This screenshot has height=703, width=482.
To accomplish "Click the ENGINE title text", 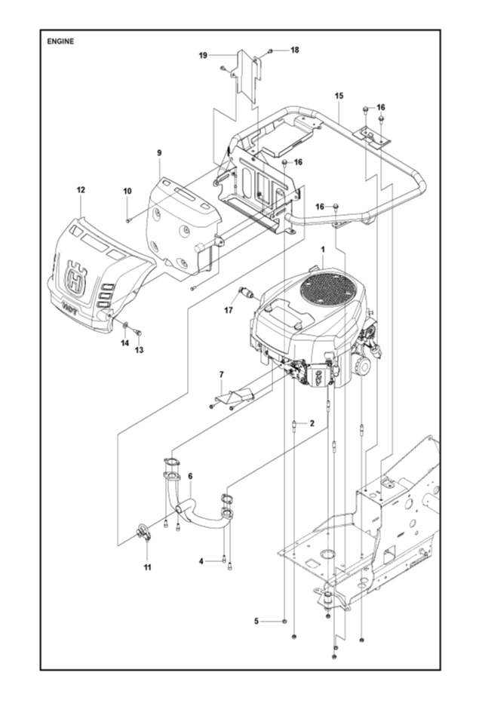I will tap(61, 41).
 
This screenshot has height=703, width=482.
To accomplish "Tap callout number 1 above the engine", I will tap(322, 248).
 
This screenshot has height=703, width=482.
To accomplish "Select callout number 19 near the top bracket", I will tap(203, 55).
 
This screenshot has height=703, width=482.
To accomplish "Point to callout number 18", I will tap(294, 50).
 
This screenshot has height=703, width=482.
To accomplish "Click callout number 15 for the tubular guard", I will tap(339, 96).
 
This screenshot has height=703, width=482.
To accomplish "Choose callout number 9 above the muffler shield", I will tap(159, 153).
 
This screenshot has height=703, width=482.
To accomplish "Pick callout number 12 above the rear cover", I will tap(81, 191).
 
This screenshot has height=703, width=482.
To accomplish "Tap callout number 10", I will tap(127, 191).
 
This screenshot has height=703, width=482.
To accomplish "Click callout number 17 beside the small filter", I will tap(227, 309).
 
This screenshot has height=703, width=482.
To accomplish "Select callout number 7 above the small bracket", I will tap(222, 374).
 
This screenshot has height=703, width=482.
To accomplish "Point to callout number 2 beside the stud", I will tap(311, 424).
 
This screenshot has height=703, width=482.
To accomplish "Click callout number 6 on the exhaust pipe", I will tap(190, 476).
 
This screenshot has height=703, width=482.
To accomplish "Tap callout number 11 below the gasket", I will tap(147, 566).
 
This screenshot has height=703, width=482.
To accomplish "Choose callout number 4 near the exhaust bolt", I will tap(201, 561).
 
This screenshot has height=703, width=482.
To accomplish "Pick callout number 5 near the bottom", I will tap(256, 621).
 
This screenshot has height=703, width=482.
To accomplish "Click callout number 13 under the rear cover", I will tap(139, 351).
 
